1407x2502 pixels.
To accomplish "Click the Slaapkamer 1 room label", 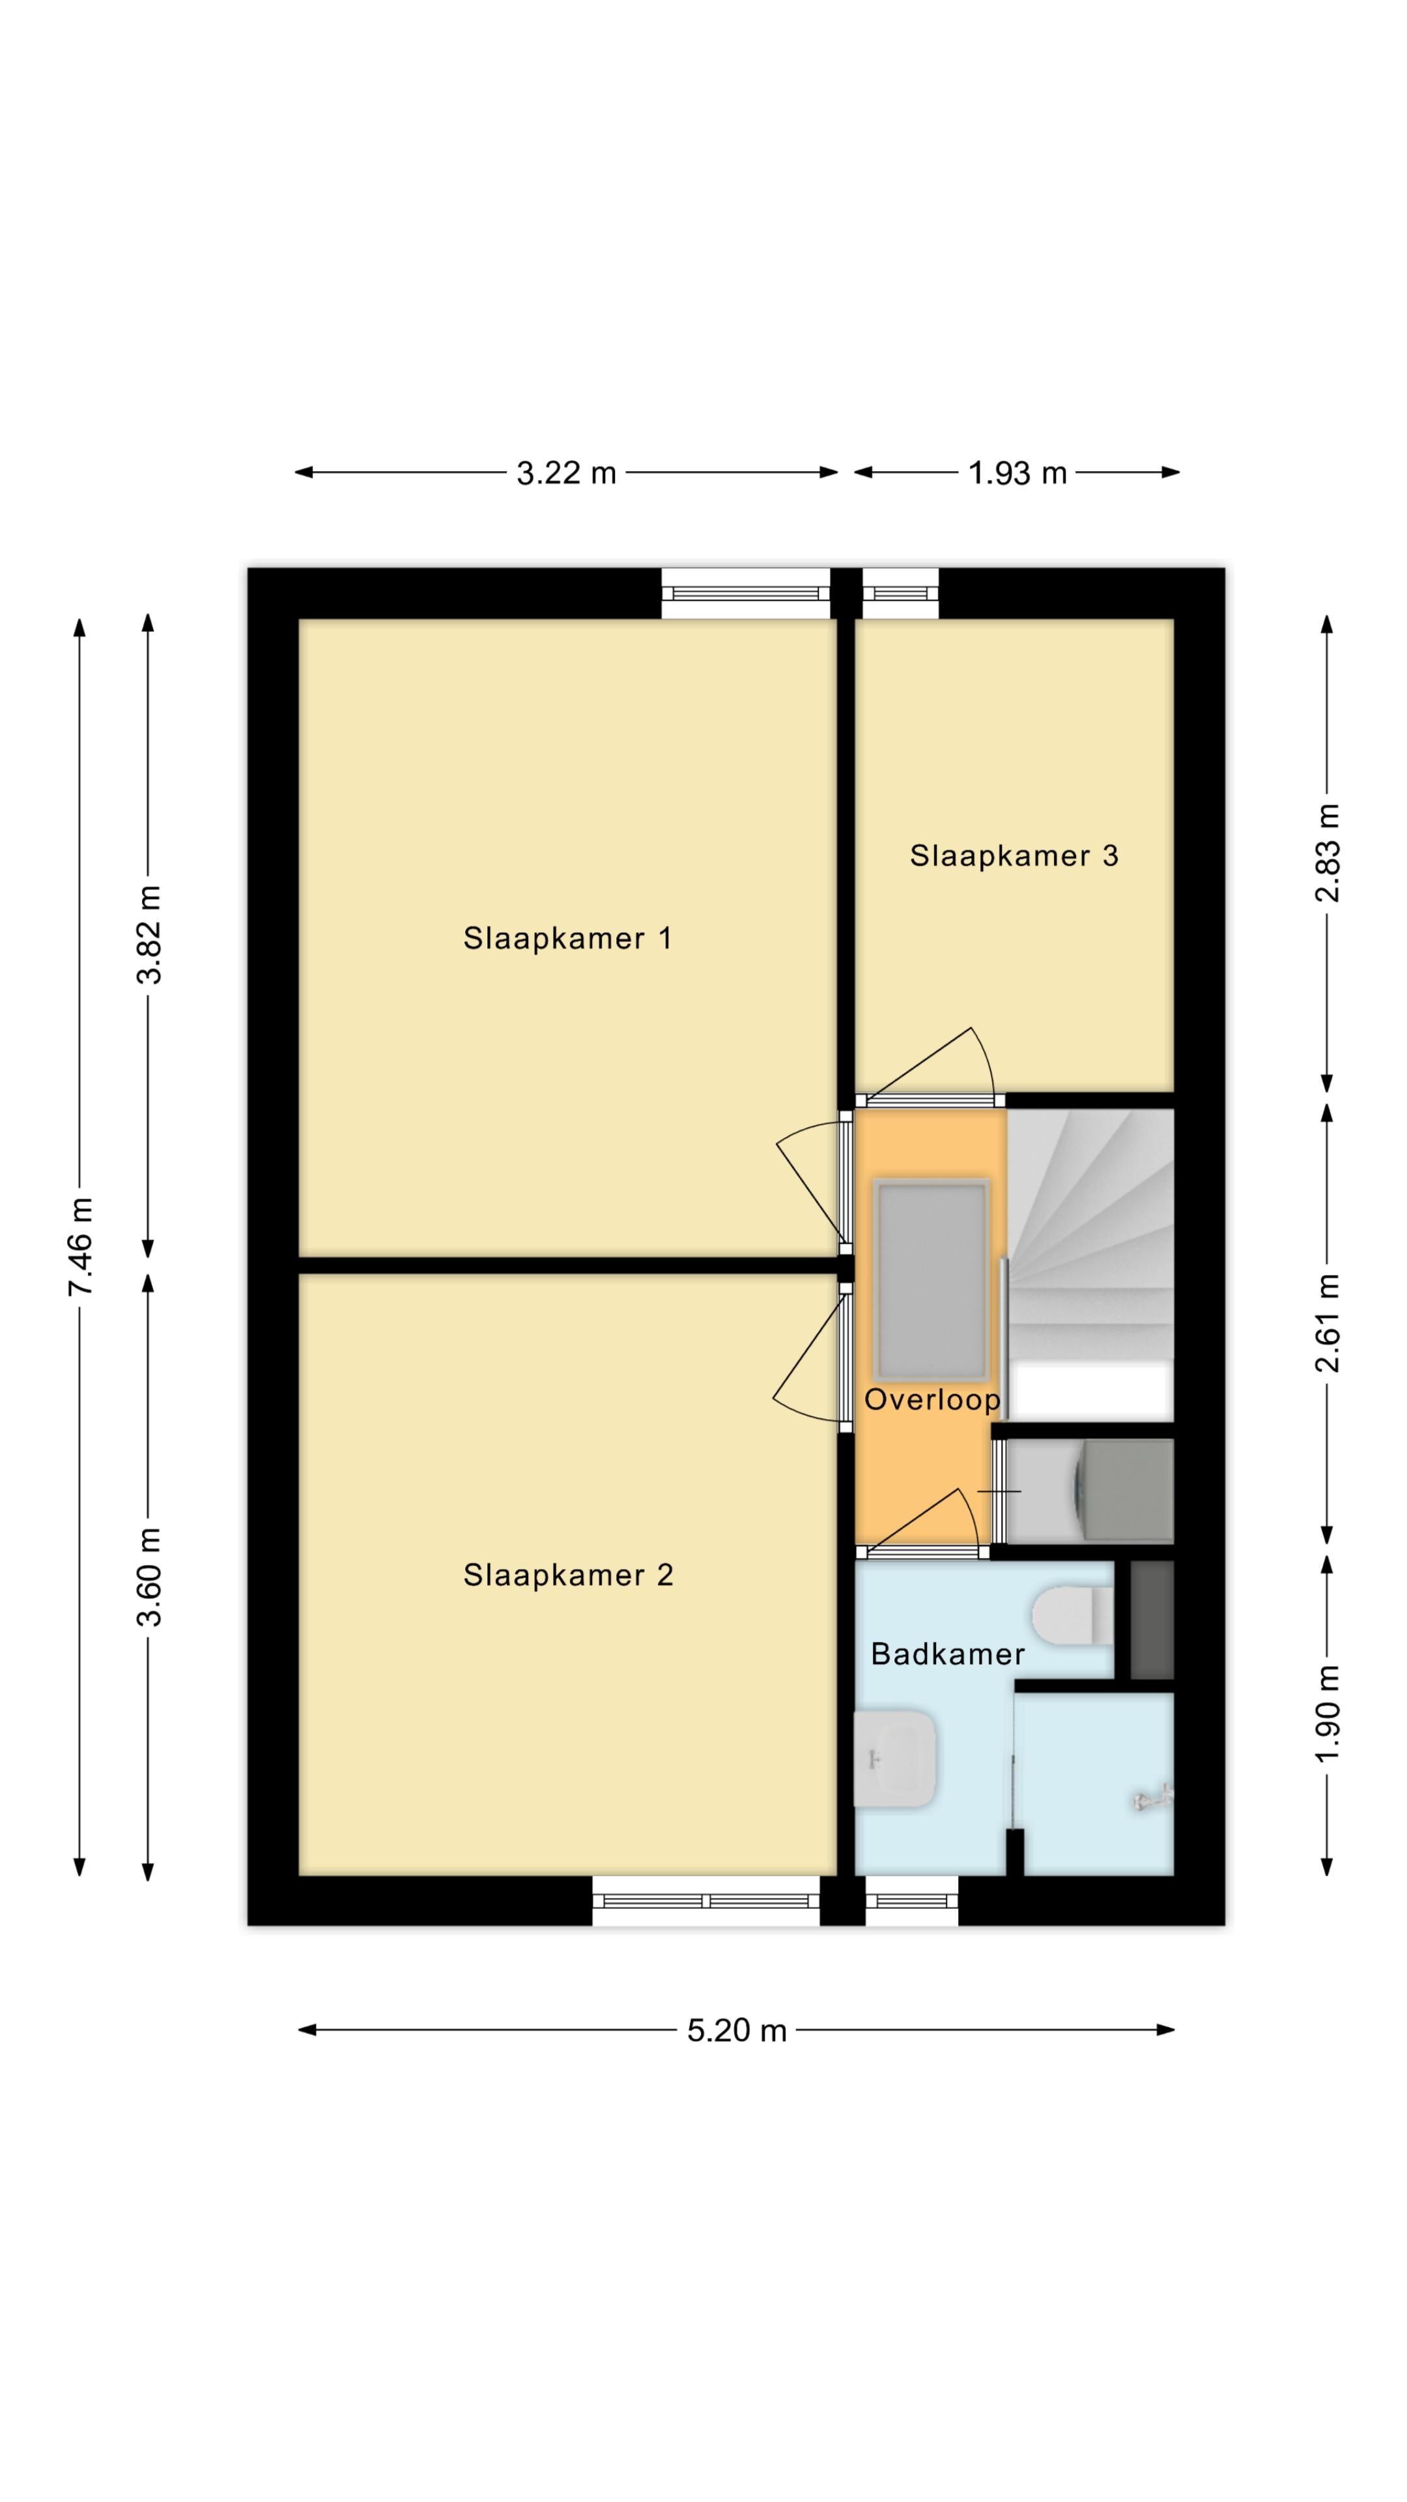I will coord(567,938).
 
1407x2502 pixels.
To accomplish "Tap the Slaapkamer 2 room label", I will coord(567,1574).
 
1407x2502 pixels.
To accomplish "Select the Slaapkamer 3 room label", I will coord(1013,856).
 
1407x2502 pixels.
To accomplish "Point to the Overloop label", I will coord(931,1400).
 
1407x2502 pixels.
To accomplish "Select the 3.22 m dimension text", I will coord(566,473).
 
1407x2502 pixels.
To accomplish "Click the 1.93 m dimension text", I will coord(1017,473).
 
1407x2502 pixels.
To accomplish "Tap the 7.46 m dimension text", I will coord(81,1246).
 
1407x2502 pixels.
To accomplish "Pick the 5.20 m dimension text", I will coord(736,2031).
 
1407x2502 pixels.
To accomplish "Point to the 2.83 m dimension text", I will coord(1328,853).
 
